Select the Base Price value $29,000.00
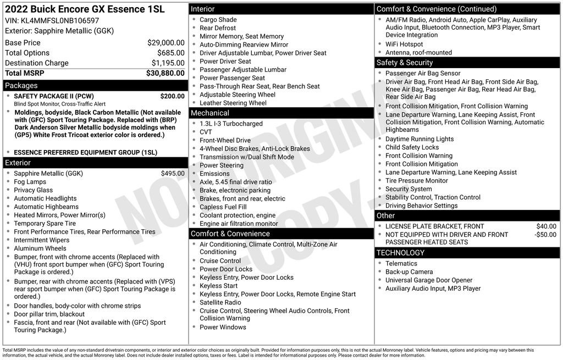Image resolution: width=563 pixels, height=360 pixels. [x=165, y=42]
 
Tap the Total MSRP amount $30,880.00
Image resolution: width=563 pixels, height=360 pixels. [x=165, y=73]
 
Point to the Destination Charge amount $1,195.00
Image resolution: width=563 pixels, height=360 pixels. [x=168, y=63]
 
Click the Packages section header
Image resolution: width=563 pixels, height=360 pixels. [x=21, y=86]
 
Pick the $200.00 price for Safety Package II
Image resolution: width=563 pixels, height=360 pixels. [x=172, y=96]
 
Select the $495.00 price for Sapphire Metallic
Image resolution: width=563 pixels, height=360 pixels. [x=173, y=174]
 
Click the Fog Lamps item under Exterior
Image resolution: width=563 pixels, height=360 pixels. [x=30, y=182]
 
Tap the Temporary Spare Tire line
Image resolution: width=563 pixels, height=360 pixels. [x=45, y=224]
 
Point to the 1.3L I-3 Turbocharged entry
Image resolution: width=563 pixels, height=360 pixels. [x=231, y=124]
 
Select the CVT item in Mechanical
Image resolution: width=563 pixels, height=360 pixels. [x=206, y=132]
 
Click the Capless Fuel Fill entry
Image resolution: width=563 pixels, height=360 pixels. [x=223, y=207]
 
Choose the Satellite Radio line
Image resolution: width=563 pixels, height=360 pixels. [x=220, y=302]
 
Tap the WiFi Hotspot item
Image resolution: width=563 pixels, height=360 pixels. [x=404, y=45]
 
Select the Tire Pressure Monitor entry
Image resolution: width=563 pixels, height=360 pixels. [x=416, y=181]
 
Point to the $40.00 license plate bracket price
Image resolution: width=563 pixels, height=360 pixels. [x=546, y=226]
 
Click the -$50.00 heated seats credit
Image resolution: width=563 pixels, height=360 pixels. [x=545, y=235]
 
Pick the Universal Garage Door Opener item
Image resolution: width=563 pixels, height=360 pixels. [x=429, y=280]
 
